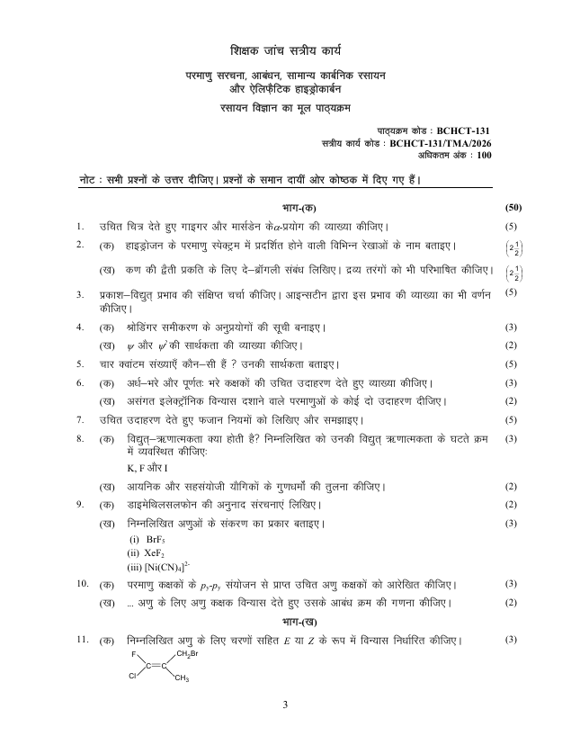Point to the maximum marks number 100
click(x=486, y=155)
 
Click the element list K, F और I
click(x=149, y=468)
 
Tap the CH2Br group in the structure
click(x=190, y=652)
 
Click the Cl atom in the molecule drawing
click(x=131, y=676)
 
